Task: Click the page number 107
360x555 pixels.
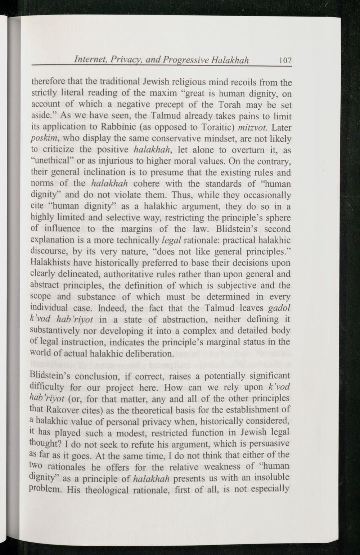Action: pyautogui.click(x=284, y=60)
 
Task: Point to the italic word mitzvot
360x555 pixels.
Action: pyautogui.click(x=254, y=128)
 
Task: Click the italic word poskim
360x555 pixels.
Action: pyautogui.click(x=42, y=139)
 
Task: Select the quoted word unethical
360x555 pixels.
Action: pyautogui.click(x=51, y=161)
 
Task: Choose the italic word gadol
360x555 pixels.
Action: pyautogui.click(x=280, y=308)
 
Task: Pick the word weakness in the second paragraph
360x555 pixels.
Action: pyautogui.click(x=221, y=467)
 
